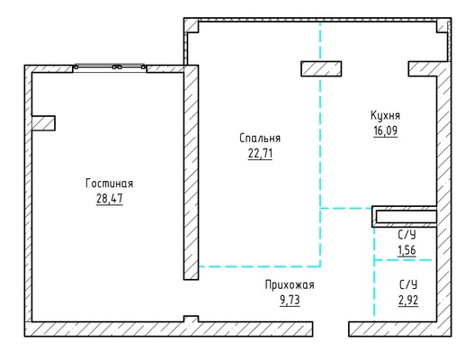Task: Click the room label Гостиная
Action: [x=110, y=184]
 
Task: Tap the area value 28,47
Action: [x=110, y=199]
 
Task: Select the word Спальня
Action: [x=260, y=139]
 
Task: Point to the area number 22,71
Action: [x=260, y=153]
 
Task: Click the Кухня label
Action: [x=386, y=115]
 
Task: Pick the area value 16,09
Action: [x=386, y=130]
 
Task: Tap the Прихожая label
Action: [x=290, y=285]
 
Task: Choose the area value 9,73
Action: [x=290, y=300]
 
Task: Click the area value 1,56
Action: [x=407, y=250]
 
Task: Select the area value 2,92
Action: [x=408, y=300]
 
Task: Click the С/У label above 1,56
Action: [x=407, y=235]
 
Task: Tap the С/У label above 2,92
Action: [x=408, y=285]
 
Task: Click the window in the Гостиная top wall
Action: [x=110, y=67]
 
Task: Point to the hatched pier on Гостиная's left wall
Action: [x=43, y=123]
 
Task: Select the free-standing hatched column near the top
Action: [x=321, y=68]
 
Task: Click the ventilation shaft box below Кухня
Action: [x=405, y=217]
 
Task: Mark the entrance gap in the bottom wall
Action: [x=331, y=329]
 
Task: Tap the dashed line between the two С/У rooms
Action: [x=403, y=260]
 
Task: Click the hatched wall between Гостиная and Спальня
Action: [x=191, y=173]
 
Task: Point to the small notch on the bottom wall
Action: [x=191, y=319]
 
